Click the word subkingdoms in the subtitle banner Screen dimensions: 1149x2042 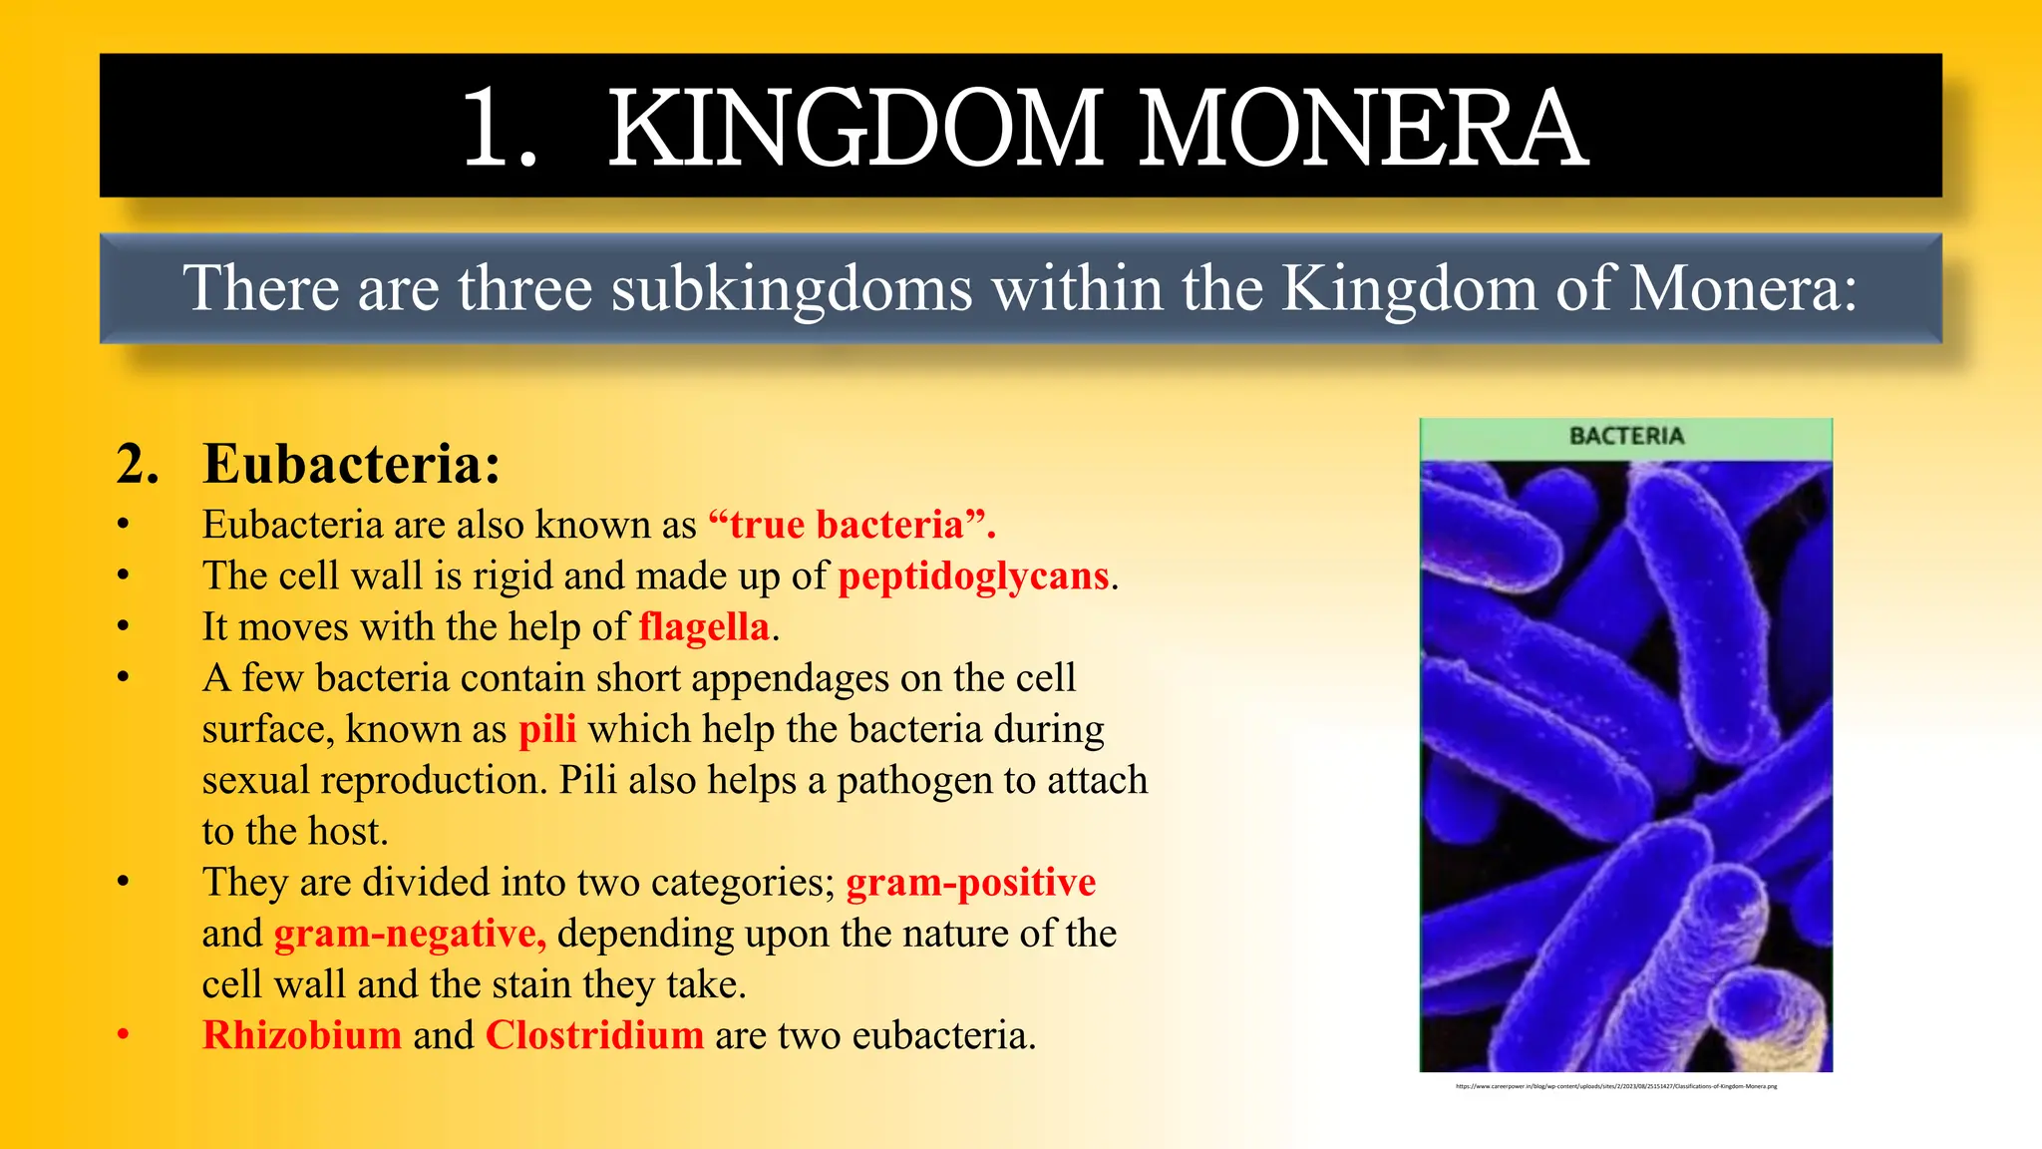tap(792, 289)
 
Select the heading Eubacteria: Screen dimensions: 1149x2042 tap(351, 464)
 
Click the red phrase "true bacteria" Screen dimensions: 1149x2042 tap(851, 525)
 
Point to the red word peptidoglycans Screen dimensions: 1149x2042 tap(973, 576)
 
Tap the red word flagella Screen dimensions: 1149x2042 tap(704, 627)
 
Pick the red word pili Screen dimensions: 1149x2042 tap(547, 729)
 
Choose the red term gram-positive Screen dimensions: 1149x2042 tap(970, 883)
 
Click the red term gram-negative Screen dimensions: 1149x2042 tap(410, 934)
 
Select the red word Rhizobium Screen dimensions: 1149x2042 tap(302, 1035)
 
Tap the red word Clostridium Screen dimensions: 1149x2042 tap(594, 1035)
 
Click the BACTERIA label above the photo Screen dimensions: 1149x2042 tap(1626, 437)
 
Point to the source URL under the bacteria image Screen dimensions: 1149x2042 tap(1616, 1086)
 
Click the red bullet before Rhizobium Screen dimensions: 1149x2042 tap(123, 1035)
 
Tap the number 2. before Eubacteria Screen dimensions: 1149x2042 tap(138, 465)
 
